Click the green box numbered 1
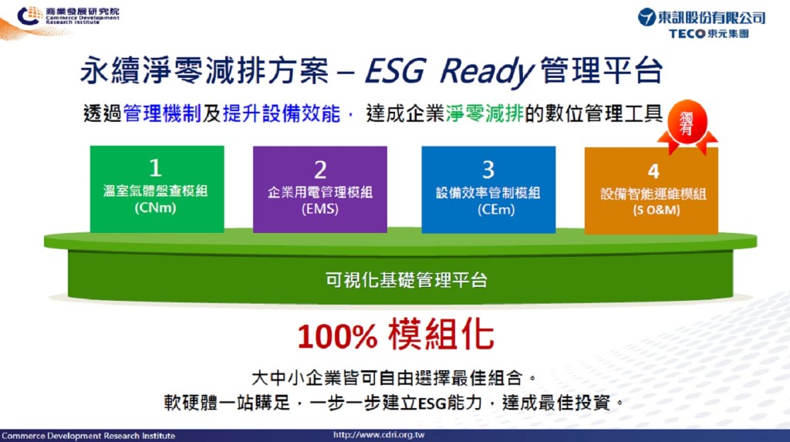pyautogui.click(x=157, y=189)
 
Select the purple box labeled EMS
pyautogui.click(x=320, y=190)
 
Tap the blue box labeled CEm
pyautogui.click(x=488, y=190)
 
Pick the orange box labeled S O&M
pyautogui.click(x=651, y=191)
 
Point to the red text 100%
pyautogui.click(x=337, y=336)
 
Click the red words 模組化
pyautogui.click(x=441, y=335)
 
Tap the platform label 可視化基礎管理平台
pyautogui.click(x=406, y=280)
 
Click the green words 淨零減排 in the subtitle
pyautogui.click(x=484, y=113)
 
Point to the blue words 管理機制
pyautogui.click(x=162, y=113)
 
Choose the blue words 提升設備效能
pyautogui.click(x=282, y=113)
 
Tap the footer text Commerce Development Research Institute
pyautogui.click(x=88, y=436)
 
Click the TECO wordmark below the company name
pyautogui.click(x=687, y=34)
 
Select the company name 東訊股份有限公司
pyautogui.click(x=711, y=18)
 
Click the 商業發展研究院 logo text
pyautogui.click(x=82, y=11)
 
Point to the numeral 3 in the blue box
pyautogui.click(x=488, y=170)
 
